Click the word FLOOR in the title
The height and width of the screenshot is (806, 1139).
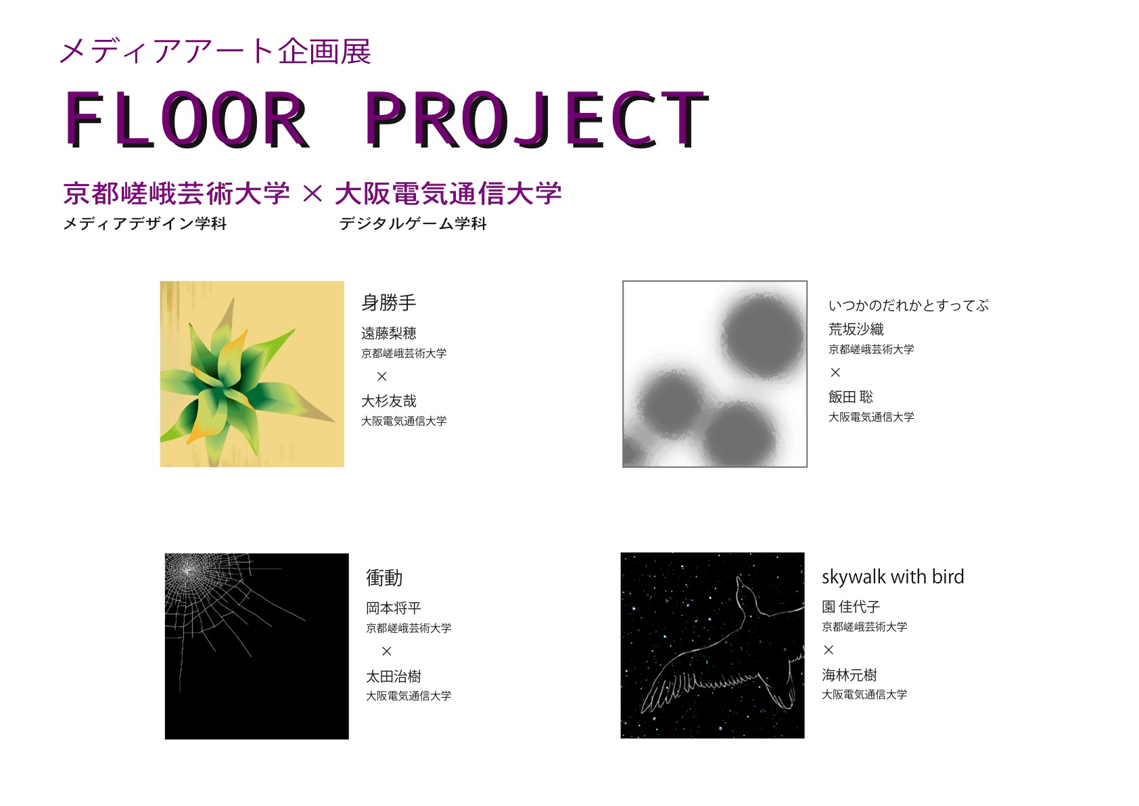(x=187, y=119)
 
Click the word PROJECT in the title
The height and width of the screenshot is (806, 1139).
(x=537, y=119)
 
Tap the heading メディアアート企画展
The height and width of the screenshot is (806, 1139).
(x=216, y=51)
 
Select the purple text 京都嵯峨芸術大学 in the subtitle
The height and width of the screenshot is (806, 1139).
(x=177, y=194)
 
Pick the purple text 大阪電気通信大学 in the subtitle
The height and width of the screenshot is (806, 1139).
(x=448, y=194)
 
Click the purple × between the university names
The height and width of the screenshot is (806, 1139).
(x=312, y=194)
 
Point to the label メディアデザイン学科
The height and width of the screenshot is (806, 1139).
(x=145, y=223)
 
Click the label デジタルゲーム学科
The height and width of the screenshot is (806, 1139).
(x=413, y=223)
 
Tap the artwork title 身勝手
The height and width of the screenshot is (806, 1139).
(x=388, y=303)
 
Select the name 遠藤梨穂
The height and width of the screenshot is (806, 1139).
(x=388, y=333)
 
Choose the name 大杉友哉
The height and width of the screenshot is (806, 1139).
(x=388, y=401)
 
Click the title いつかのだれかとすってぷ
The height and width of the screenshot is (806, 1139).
(x=908, y=305)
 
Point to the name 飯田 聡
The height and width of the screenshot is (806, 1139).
(x=851, y=397)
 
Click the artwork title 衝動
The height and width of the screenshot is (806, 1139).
(x=384, y=578)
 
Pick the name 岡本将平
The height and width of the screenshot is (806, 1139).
(x=394, y=608)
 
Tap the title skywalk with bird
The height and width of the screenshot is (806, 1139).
(x=893, y=577)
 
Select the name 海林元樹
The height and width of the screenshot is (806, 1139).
(x=849, y=675)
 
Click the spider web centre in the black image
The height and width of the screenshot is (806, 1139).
(x=187, y=571)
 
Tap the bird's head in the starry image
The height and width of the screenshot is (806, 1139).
(x=744, y=587)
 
